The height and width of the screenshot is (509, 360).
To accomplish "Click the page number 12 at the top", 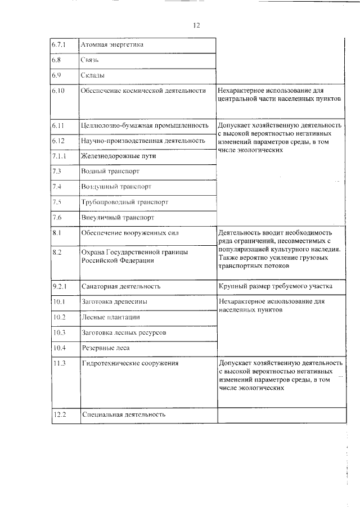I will (197, 25).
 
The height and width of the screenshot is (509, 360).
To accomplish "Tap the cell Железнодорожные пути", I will (119, 155).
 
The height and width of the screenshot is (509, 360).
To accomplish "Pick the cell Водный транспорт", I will (110, 170).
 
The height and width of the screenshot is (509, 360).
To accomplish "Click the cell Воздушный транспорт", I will (116, 186).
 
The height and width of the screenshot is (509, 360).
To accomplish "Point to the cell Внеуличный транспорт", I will (118, 217).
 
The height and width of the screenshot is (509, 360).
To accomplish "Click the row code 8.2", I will (57, 253).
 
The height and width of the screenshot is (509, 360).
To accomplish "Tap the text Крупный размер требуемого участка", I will (276, 286).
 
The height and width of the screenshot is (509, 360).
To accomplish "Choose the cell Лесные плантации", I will (111, 317).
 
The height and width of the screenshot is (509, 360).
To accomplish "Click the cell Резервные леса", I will (106, 348).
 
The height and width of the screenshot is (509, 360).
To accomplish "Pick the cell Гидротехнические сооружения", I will (130, 363).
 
